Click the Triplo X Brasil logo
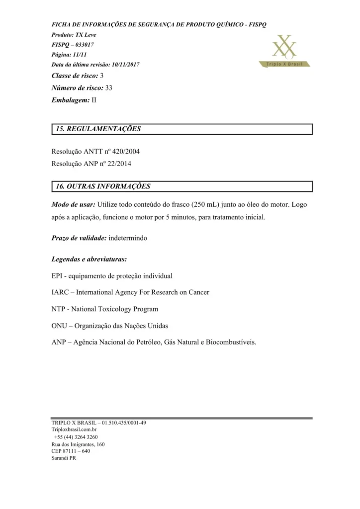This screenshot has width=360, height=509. [285, 52]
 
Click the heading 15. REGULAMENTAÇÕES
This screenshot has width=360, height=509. [98, 129]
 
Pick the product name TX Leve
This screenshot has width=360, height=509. [86, 35]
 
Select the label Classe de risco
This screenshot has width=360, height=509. [75, 76]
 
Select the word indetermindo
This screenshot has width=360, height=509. [127, 238]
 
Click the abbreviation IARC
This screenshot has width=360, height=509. [60, 292]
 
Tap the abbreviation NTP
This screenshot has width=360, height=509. [58, 309]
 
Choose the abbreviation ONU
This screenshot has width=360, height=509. [59, 326]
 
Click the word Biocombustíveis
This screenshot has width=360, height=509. [231, 343]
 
